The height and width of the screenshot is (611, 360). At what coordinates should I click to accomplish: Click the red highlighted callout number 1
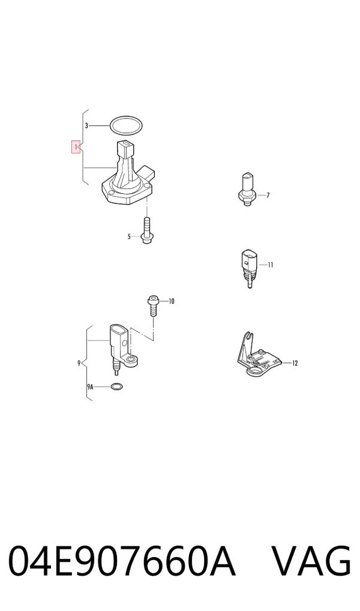click(76, 147)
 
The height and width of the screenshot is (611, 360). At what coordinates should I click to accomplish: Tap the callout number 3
click(87, 126)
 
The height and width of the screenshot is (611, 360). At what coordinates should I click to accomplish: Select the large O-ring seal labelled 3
click(126, 125)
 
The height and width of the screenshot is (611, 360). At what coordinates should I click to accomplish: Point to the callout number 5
click(129, 236)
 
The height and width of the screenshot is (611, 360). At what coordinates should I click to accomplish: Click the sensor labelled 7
click(246, 189)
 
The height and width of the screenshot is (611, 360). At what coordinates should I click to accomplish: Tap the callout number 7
click(268, 195)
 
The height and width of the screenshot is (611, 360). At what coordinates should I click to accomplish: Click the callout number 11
click(271, 265)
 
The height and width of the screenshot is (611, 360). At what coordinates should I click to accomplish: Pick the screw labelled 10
click(153, 307)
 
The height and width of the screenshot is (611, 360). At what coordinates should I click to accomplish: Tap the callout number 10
click(172, 301)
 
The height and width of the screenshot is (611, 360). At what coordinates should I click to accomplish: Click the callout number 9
click(79, 363)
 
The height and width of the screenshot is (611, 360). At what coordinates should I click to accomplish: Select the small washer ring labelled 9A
click(116, 387)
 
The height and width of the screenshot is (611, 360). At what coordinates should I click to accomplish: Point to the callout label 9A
click(90, 387)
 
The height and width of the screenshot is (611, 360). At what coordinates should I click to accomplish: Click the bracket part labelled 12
click(259, 355)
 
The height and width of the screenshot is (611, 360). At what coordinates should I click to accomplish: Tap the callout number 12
click(295, 363)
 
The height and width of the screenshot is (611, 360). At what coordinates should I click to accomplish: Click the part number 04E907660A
click(122, 561)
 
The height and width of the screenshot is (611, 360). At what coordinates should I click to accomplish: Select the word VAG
click(311, 561)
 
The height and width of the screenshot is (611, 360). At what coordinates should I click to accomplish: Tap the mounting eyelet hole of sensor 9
click(131, 358)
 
